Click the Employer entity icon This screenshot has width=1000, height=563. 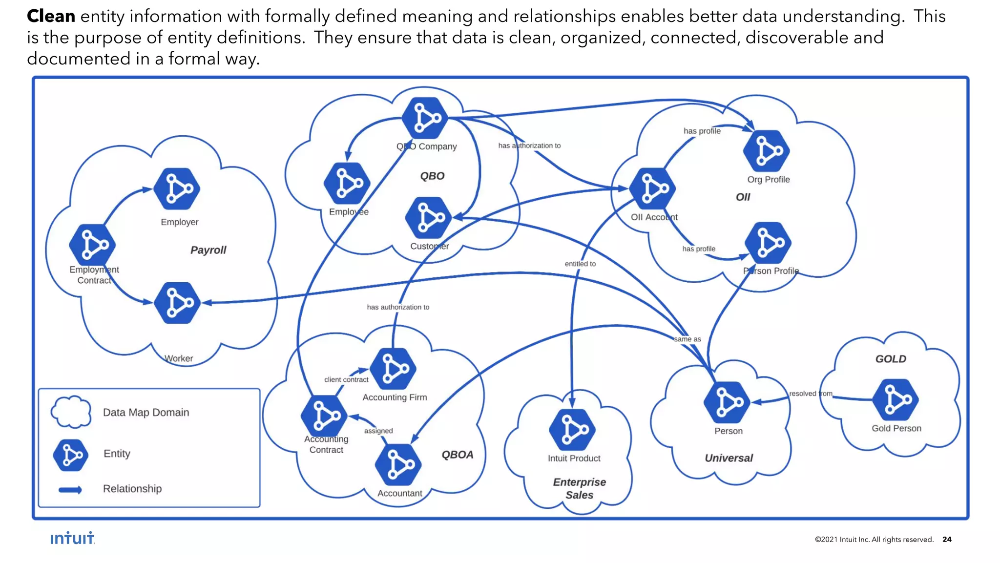(177, 189)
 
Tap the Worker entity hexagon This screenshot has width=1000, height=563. (177, 303)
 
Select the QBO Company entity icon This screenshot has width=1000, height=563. (425, 118)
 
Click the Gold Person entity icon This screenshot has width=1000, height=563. (896, 400)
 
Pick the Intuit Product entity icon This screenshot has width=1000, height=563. (572, 430)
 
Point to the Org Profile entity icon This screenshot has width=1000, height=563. (767, 151)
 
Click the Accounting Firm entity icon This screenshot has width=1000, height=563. (393, 369)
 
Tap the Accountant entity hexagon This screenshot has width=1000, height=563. (398, 465)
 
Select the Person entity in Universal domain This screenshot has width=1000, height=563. (727, 403)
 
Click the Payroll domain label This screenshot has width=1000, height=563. (208, 250)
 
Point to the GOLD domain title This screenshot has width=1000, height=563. (891, 359)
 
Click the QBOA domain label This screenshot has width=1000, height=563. (458, 455)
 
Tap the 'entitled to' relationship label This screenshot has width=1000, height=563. (580, 264)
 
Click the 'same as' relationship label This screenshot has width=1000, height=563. (687, 339)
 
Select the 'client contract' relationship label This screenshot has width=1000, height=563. (346, 379)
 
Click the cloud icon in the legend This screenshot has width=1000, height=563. (71, 412)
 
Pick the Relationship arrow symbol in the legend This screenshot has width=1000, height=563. (70, 490)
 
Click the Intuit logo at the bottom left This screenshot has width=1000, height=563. (72, 538)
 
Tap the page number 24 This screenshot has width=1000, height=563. (947, 539)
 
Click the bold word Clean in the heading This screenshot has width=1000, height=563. (51, 16)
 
